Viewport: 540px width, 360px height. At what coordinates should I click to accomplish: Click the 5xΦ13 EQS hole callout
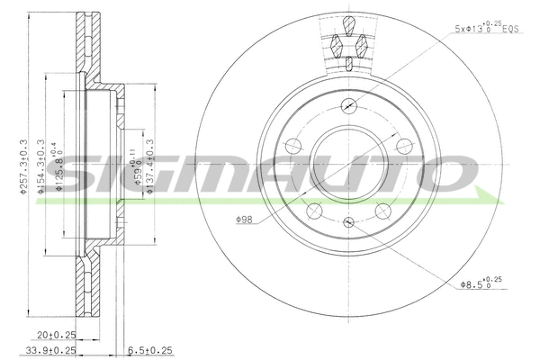tap(486, 30)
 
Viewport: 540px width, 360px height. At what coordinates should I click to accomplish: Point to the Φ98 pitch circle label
tap(245, 218)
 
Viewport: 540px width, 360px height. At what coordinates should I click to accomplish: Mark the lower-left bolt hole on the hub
tap(315, 209)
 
